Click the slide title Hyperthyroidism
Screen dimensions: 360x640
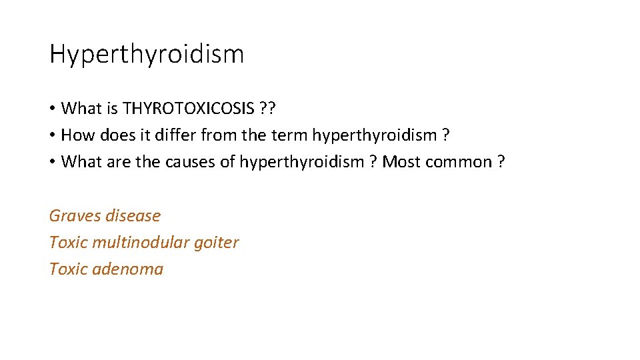tap(147, 54)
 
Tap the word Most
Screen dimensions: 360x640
tap(401, 162)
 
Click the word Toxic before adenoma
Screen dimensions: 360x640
tap(68, 269)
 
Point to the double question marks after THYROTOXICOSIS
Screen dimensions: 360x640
tap(269, 108)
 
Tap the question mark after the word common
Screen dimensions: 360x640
tap(500, 162)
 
